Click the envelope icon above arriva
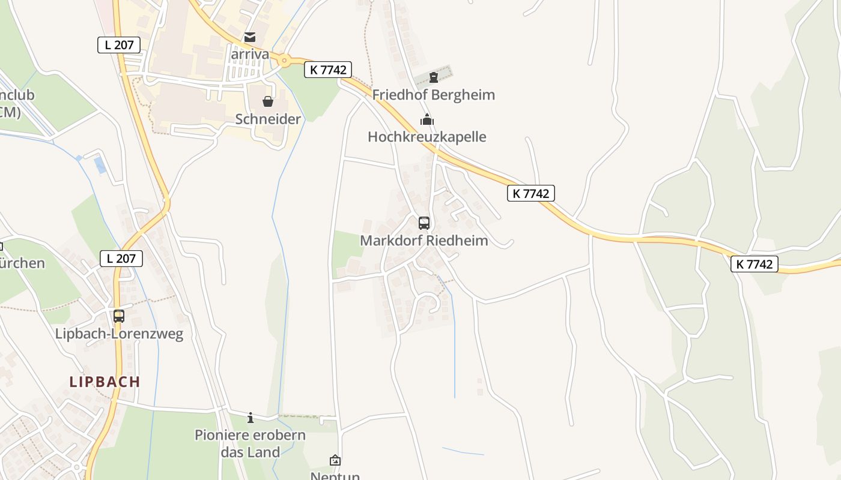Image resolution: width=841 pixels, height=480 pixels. click(x=250, y=37)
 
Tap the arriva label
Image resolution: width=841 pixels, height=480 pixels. click(x=250, y=53)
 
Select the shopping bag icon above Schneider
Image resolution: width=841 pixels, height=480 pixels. click(x=268, y=101)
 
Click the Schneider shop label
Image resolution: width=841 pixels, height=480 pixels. click(x=268, y=119)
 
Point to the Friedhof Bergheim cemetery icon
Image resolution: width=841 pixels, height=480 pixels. click(x=434, y=77)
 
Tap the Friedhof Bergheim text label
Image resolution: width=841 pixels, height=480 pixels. click(x=434, y=95)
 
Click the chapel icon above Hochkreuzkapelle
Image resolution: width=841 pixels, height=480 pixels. click(x=427, y=119)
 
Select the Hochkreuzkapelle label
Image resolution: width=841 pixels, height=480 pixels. click(x=427, y=137)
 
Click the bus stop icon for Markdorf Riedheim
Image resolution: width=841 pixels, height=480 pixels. click(x=424, y=223)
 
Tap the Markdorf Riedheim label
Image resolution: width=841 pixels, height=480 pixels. click(x=424, y=241)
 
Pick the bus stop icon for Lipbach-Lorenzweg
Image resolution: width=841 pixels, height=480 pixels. click(x=119, y=316)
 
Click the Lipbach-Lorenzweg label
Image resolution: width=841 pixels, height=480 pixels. click(x=119, y=334)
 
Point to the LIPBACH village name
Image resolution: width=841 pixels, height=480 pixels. click(x=105, y=382)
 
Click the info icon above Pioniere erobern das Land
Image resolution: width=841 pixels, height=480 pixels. click(x=250, y=418)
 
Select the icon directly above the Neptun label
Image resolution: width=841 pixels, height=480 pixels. click(x=335, y=460)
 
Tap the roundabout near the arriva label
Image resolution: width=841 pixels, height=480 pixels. click(x=284, y=60)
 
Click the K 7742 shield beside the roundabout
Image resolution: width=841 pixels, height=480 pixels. click(x=327, y=70)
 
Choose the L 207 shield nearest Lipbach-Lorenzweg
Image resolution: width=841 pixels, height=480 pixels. click(x=121, y=259)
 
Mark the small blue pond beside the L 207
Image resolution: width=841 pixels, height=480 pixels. click(x=100, y=165)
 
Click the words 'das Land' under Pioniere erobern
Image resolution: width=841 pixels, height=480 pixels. click(x=250, y=452)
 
